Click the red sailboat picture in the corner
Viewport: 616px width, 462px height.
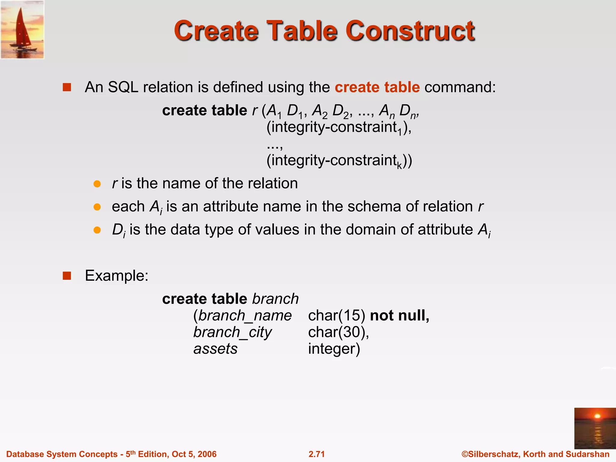click(x=22, y=29)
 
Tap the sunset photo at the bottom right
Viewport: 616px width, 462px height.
click(x=595, y=428)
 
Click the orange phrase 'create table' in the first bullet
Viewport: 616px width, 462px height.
click(x=377, y=88)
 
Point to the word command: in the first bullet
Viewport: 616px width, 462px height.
click(x=460, y=88)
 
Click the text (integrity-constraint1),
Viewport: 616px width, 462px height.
click(x=339, y=128)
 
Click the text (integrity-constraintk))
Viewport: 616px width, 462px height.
click(x=339, y=161)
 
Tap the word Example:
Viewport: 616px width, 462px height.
click(x=117, y=276)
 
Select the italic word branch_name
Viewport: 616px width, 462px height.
click(x=245, y=316)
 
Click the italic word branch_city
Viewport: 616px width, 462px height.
click(x=233, y=332)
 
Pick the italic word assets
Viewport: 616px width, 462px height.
click(x=215, y=349)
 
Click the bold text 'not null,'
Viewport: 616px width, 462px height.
click(x=399, y=316)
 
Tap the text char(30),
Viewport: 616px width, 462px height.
click(x=338, y=332)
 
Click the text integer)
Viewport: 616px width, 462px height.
click(x=334, y=349)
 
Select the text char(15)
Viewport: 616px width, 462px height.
click(x=337, y=316)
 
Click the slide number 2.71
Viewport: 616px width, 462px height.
click(x=316, y=454)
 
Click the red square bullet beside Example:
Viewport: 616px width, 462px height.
click(x=67, y=276)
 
